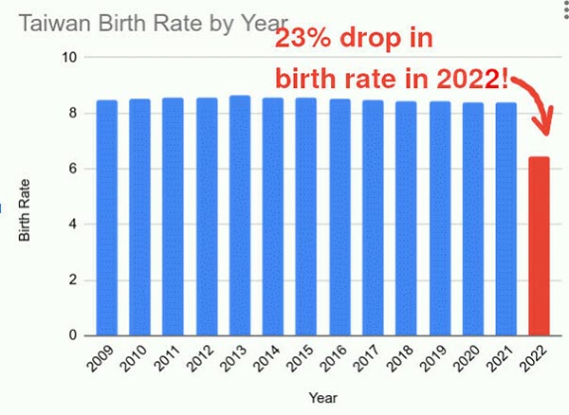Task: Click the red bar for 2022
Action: tap(539, 246)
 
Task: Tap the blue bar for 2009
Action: tap(107, 218)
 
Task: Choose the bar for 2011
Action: tap(174, 217)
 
